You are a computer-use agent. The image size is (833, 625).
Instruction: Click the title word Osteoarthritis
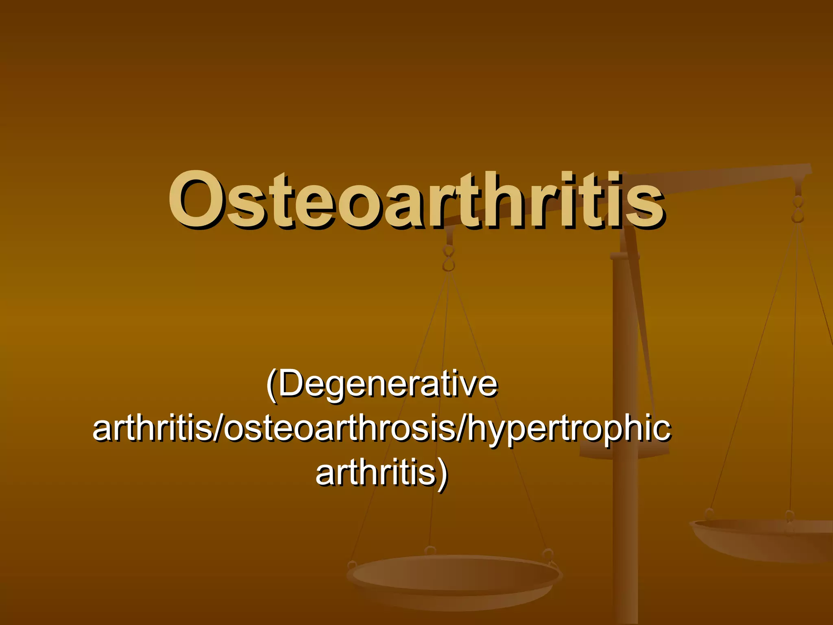(416, 199)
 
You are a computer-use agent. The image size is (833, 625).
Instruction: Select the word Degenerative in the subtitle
(388, 385)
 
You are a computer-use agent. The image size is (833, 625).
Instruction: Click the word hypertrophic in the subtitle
(569, 429)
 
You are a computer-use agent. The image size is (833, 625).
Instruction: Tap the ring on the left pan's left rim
(352, 566)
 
